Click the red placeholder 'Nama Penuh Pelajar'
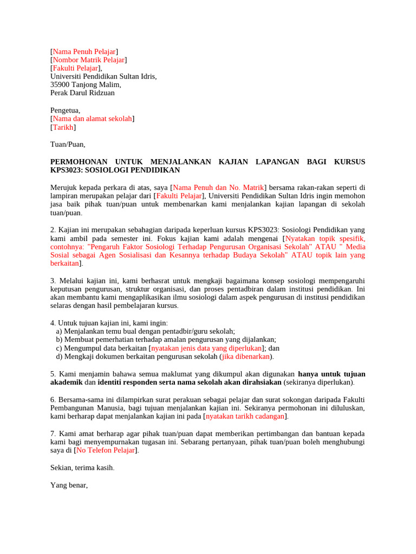point(84,51)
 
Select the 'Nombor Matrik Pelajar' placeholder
point(89,60)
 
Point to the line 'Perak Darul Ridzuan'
point(82,93)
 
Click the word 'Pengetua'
point(64,110)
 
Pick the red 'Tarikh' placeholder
point(63,127)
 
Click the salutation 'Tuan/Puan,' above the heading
point(68,144)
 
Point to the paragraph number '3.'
point(53,281)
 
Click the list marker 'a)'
point(59,331)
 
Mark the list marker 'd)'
point(60,357)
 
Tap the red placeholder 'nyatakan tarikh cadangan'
point(245,416)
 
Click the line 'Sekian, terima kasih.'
point(82,467)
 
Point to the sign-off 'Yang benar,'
point(69,485)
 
